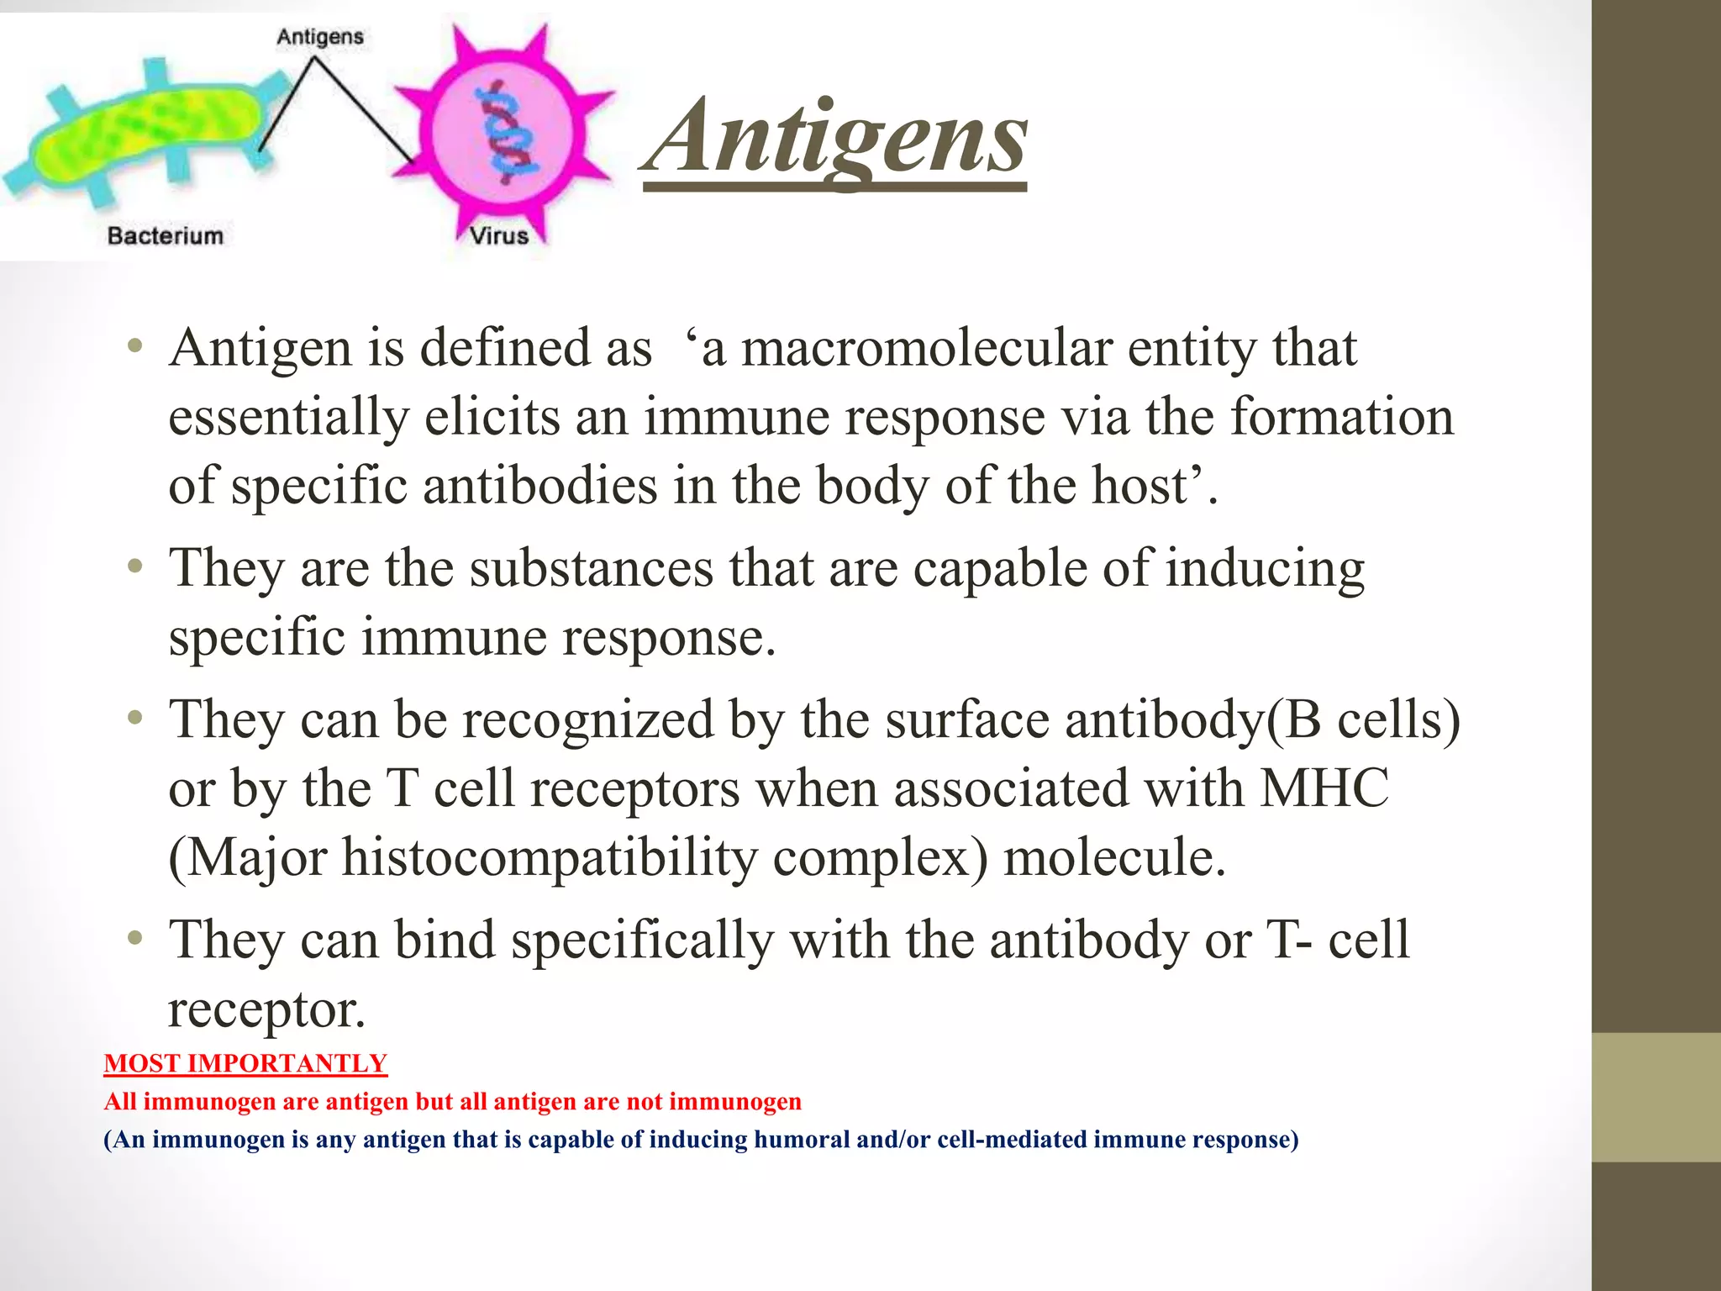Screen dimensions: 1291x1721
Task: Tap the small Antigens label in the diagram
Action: coord(320,37)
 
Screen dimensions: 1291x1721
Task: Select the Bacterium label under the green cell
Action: coord(166,235)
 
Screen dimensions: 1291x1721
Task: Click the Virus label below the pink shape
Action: coord(499,235)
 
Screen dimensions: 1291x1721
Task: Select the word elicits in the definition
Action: coord(492,417)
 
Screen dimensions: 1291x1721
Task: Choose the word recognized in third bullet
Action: coord(587,721)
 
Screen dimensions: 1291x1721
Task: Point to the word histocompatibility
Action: coord(550,858)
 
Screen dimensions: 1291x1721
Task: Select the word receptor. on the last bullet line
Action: coord(267,1009)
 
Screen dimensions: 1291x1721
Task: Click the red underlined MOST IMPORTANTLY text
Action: coord(245,1063)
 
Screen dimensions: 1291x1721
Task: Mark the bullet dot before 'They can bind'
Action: coord(135,937)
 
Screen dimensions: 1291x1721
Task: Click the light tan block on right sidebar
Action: coord(1655,1097)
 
